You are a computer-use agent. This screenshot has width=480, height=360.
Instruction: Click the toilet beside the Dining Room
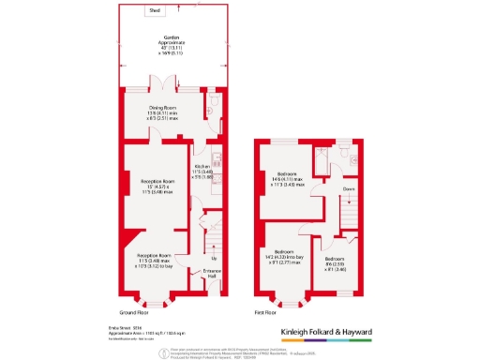coord(216,100)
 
